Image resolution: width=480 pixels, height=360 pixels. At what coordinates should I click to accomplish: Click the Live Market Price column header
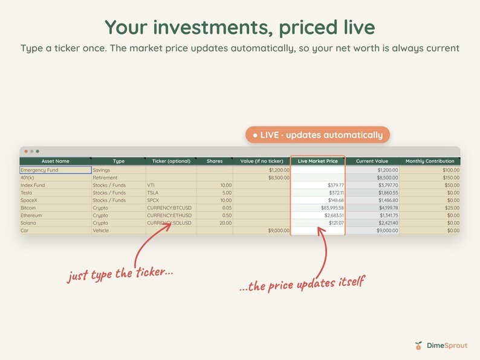pyautogui.click(x=318, y=161)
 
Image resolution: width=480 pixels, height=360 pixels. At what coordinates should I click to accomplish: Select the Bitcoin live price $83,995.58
pyautogui.click(x=332, y=208)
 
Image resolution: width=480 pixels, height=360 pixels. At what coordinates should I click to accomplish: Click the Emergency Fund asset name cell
pyautogui.click(x=56, y=170)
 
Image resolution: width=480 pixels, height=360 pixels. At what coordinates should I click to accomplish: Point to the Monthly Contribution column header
pyautogui.click(x=430, y=161)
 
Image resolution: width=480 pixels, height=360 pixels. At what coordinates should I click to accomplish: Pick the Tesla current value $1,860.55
pyautogui.click(x=388, y=193)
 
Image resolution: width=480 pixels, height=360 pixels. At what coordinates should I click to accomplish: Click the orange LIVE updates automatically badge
pyautogui.click(x=317, y=135)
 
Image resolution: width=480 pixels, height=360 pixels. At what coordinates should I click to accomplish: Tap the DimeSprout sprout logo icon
pyautogui.click(x=418, y=346)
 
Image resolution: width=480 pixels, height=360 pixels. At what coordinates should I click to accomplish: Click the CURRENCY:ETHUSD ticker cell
pyautogui.click(x=169, y=215)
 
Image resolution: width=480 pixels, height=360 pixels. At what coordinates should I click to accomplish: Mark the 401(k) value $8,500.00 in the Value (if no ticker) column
pyautogui.click(x=279, y=178)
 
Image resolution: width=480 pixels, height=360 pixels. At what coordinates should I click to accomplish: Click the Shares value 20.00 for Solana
pyautogui.click(x=225, y=223)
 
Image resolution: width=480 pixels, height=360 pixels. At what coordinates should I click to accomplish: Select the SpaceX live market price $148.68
pyautogui.click(x=336, y=201)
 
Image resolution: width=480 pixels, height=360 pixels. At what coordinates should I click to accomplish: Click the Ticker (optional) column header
pyautogui.click(x=171, y=161)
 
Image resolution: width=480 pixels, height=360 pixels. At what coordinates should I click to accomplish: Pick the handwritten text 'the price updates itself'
pyautogui.click(x=306, y=284)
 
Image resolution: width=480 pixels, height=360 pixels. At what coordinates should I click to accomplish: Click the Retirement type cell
pyautogui.click(x=105, y=178)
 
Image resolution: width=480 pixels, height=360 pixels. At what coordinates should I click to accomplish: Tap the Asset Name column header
pyautogui.click(x=56, y=161)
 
